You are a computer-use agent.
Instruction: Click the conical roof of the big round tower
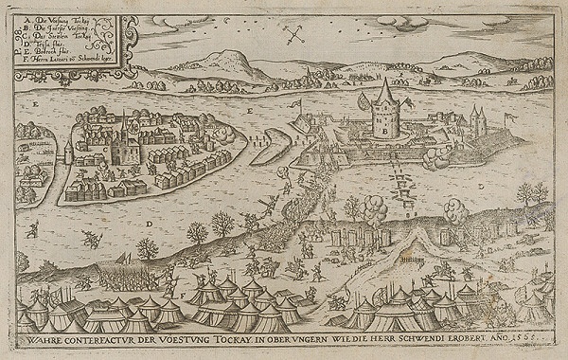[384, 93]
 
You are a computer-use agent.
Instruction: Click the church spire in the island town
[123, 123]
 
